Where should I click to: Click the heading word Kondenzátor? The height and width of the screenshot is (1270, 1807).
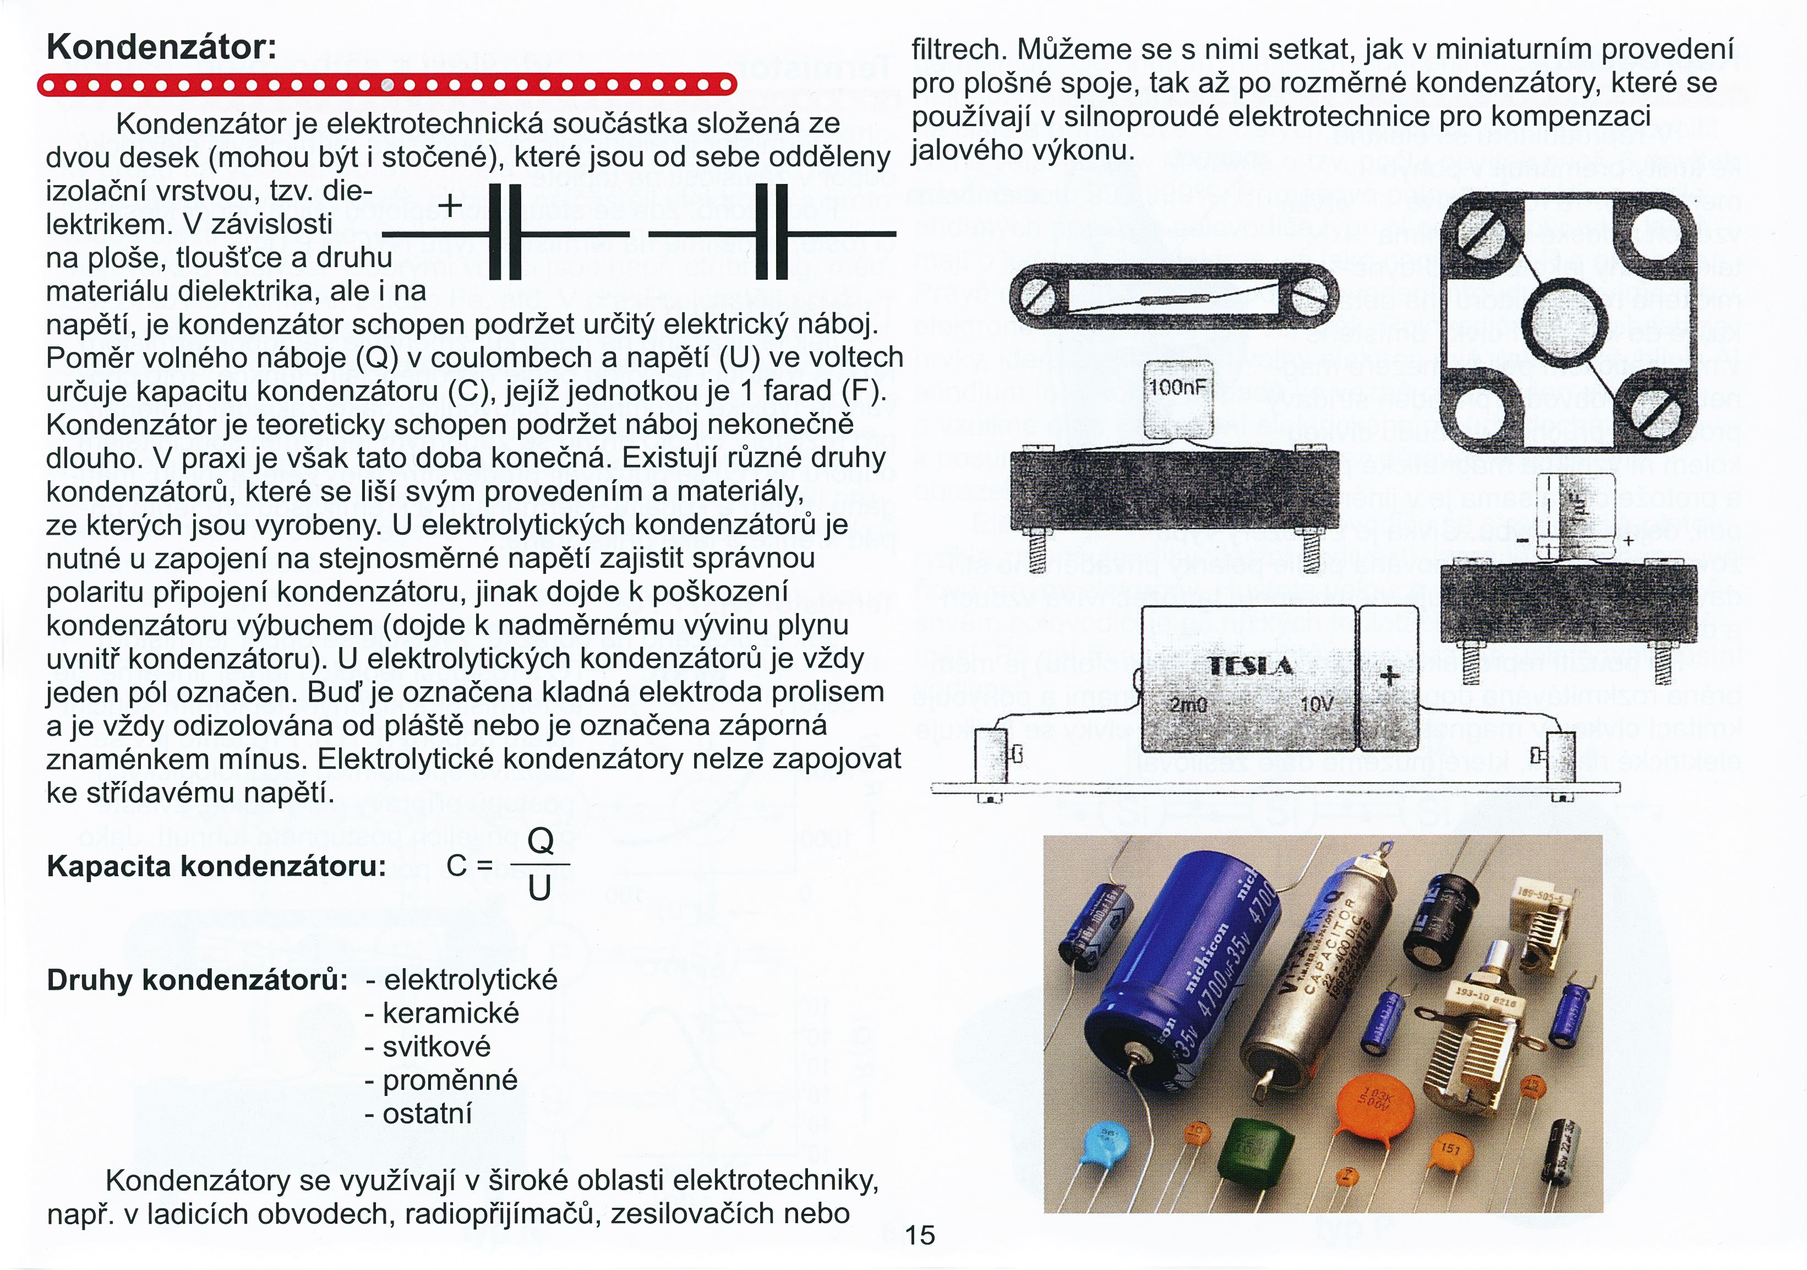161,47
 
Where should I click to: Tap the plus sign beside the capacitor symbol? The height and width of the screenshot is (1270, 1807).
450,207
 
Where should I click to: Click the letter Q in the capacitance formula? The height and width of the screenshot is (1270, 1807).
540,841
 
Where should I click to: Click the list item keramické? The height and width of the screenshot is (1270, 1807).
450,1013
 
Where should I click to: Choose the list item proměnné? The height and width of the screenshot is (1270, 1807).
449,1080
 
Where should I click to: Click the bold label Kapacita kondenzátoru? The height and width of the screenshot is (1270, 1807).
216,866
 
